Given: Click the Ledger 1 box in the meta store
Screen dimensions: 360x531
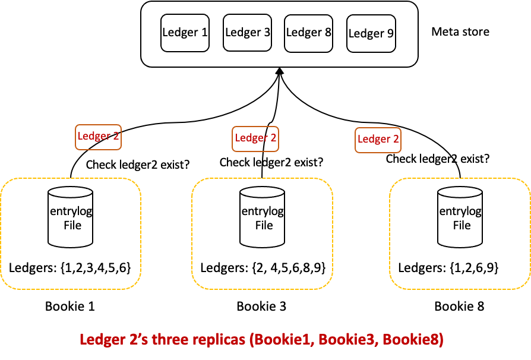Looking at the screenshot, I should coord(185,33).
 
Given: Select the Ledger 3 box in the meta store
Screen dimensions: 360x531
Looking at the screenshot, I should coord(248,33).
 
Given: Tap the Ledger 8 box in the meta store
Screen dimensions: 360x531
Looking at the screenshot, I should coord(308,33).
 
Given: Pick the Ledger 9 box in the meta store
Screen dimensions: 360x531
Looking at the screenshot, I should coord(371,34).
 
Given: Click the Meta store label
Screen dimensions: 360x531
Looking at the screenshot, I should coord(460,31).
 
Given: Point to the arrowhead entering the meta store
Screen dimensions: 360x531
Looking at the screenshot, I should coord(279,71).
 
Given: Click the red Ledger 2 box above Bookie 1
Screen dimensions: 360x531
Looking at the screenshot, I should coord(98,137).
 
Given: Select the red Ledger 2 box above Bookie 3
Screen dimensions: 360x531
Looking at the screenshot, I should coord(255,138).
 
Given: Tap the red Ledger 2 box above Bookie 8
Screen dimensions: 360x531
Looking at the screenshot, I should coord(378,140).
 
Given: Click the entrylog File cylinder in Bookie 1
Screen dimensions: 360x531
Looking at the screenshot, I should coord(71,217).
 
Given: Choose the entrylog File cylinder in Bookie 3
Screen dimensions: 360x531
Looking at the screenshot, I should coord(262,217).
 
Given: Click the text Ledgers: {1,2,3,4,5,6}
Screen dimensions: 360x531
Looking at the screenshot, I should coord(74,267).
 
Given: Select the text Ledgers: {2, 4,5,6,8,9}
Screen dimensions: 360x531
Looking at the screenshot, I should coord(263,267).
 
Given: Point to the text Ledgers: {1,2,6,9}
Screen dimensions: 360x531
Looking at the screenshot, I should coord(448,267).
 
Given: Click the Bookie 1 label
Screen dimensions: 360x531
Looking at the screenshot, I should coord(70,307).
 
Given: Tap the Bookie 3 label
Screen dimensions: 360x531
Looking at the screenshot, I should coord(261,307).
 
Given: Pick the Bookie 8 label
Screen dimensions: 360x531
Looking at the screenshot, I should coord(459,307).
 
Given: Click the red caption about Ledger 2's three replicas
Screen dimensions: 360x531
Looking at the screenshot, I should coord(261,340).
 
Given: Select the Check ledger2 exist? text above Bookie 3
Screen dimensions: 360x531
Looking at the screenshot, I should coord(271,162).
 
